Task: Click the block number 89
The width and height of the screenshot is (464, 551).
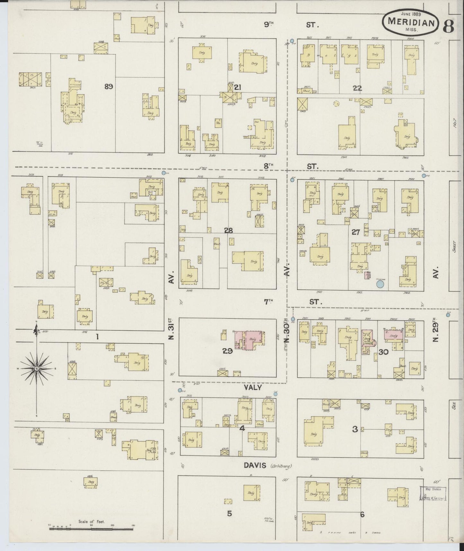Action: click(x=109, y=86)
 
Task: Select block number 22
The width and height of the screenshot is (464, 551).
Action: click(x=357, y=88)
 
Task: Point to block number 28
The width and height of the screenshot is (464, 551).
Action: click(x=228, y=230)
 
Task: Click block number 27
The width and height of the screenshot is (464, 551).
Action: click(x=355, y=232)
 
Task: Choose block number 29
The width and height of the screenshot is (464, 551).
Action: click(x=227, y=351)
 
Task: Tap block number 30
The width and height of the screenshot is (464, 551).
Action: click(x=383, y=352)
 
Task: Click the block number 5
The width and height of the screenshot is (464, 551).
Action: click(x=229, y=513)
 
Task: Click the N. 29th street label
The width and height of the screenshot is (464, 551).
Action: click(x=435, y=331)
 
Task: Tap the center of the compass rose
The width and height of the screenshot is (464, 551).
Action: click(x=37, y=368)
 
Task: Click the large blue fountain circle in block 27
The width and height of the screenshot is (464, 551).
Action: click(x=380, y=284)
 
